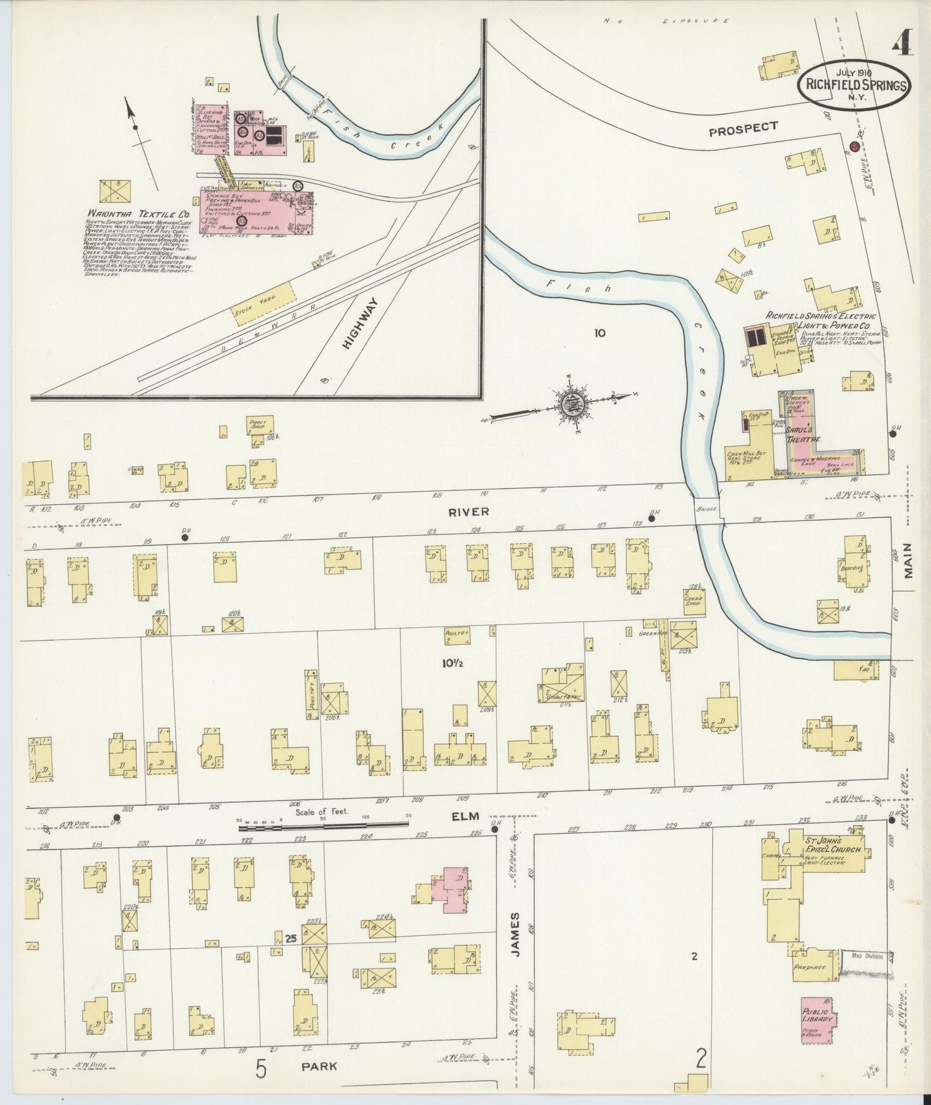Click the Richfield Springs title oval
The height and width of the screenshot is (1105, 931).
[854, 84]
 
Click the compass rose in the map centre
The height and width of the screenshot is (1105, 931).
[571, 406]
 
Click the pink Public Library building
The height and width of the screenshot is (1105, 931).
[817, 1021]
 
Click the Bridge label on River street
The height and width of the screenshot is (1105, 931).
[706, 509]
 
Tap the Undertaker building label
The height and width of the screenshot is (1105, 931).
[561, 696]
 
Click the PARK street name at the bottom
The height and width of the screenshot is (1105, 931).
[320, 1066]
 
